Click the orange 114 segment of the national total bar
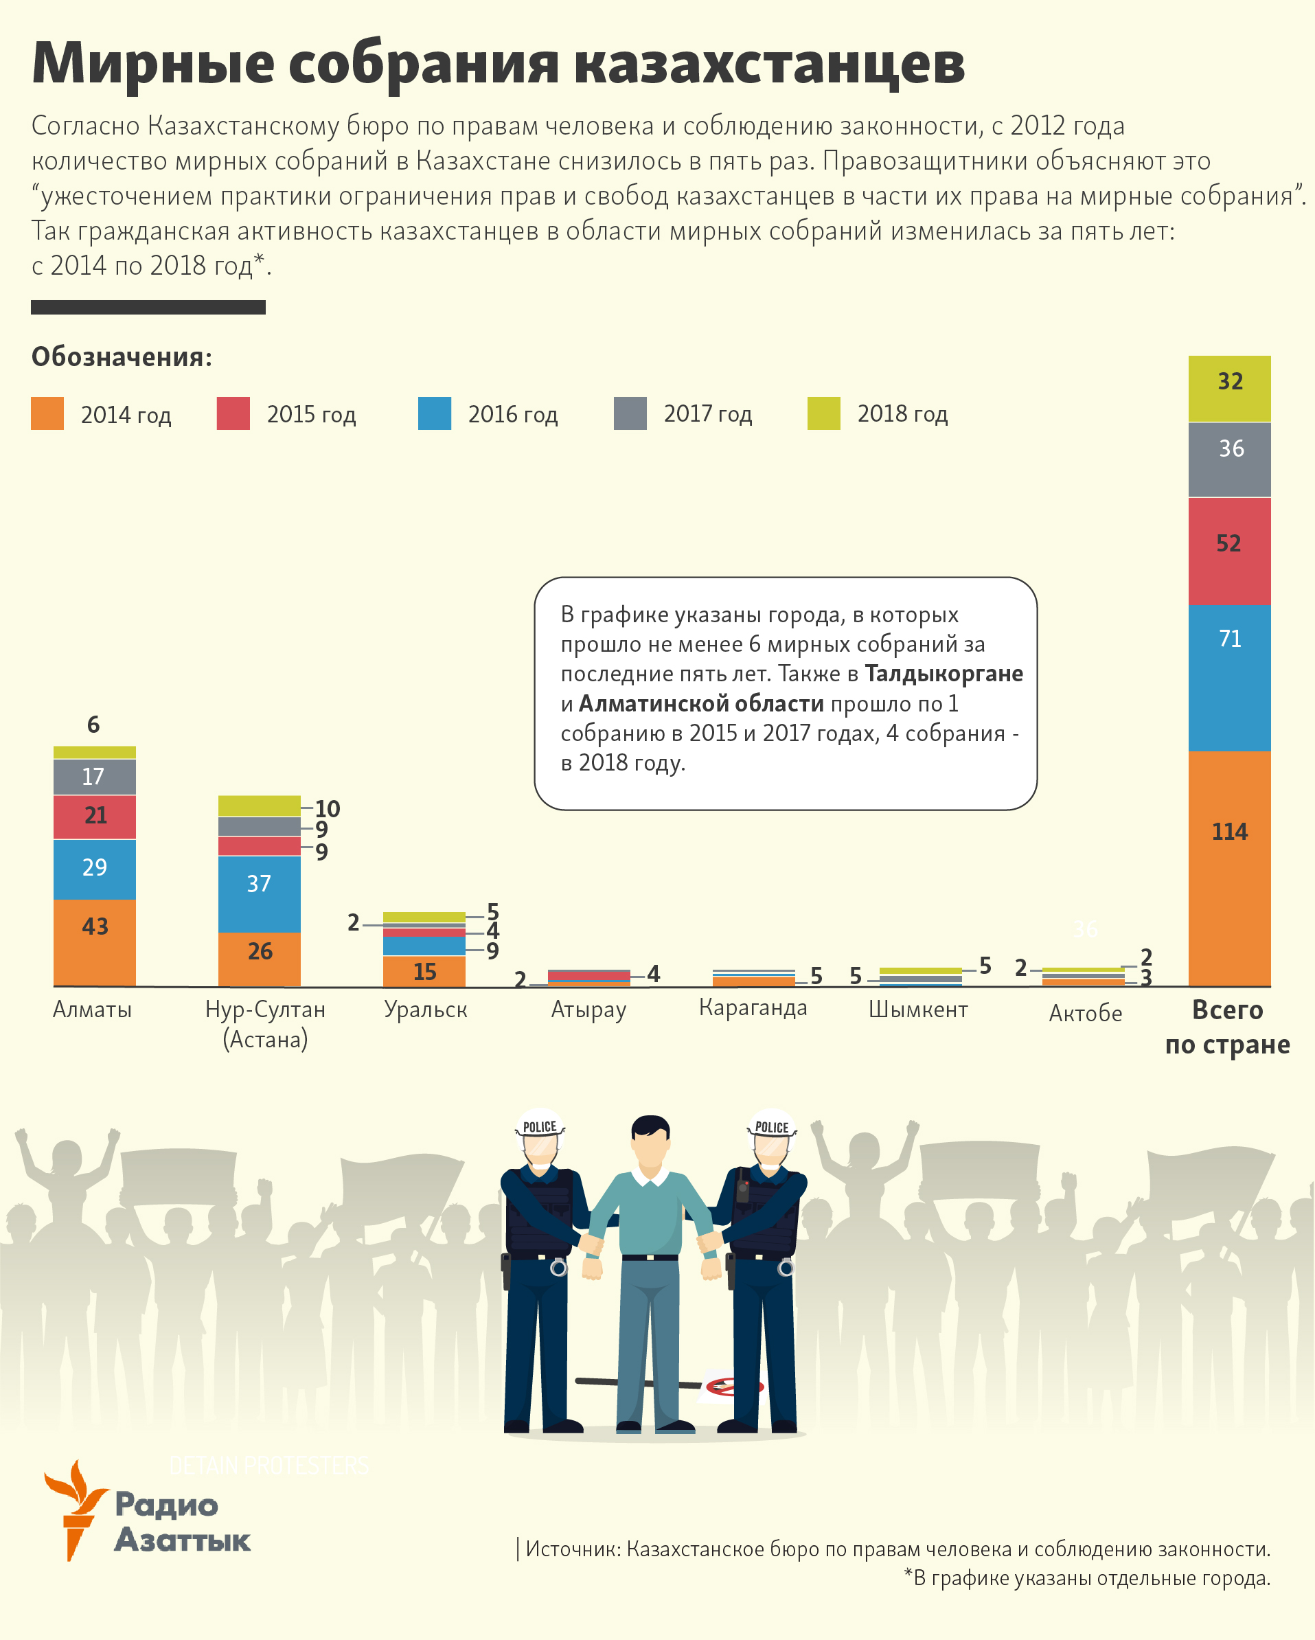click(x=1229, y=867)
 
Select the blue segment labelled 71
click(x=1229, y=677)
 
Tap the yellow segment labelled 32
click(x=1229, y=389)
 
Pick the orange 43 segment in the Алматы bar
click(x=94, y=942)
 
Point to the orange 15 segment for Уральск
click(x=424, y=971)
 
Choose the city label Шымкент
click(x=917, y=1010)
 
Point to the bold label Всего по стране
click(x=1227, y=1027)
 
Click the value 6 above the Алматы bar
click(x=93, y=724)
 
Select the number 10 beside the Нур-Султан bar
click(x=327, y=808)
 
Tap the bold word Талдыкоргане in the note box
click(x=943, y=674)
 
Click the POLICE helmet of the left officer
click(x=539, y=1126)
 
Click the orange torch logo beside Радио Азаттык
click(x=73, y=1508)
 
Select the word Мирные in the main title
click(x=152, y=63)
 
